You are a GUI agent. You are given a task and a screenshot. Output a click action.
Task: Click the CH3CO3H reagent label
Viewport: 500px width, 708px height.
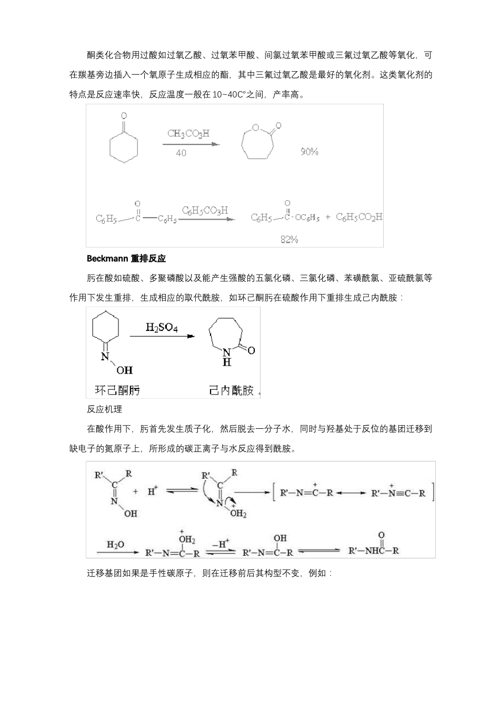tap(188, 133)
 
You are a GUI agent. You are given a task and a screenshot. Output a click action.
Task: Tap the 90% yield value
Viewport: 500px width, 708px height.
tap(309, 152)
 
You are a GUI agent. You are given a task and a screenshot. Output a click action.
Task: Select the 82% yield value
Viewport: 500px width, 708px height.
tap(289, 240)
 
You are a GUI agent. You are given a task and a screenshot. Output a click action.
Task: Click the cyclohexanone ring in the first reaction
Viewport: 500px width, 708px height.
tap(124, 145)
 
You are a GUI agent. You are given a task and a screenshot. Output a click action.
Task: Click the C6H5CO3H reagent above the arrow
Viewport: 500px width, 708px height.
tap(205, 210)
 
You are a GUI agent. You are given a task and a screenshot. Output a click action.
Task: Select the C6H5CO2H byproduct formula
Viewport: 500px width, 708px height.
tap(359, 217)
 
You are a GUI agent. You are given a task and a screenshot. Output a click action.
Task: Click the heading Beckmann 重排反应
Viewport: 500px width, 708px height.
tap(126, 259)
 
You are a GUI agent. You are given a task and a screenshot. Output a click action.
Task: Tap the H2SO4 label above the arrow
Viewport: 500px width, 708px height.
tap(162, 328)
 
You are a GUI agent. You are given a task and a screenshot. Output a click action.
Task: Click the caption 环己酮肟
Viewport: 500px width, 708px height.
tap(117, 390)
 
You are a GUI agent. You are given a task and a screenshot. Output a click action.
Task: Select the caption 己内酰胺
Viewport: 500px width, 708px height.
tap(231, 390)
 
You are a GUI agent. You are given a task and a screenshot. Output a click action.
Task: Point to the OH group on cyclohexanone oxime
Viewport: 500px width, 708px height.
tap(125, 370)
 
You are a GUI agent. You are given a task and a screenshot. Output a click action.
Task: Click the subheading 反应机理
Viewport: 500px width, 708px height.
tap(104, 409)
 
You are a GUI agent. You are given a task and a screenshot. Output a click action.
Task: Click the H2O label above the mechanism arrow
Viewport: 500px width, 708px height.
tap(115, 544)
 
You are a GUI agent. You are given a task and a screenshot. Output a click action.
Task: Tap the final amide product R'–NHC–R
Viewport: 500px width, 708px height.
tap(374, 551)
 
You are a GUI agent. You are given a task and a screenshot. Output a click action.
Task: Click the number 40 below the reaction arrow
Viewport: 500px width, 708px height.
tap(181, 153)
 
